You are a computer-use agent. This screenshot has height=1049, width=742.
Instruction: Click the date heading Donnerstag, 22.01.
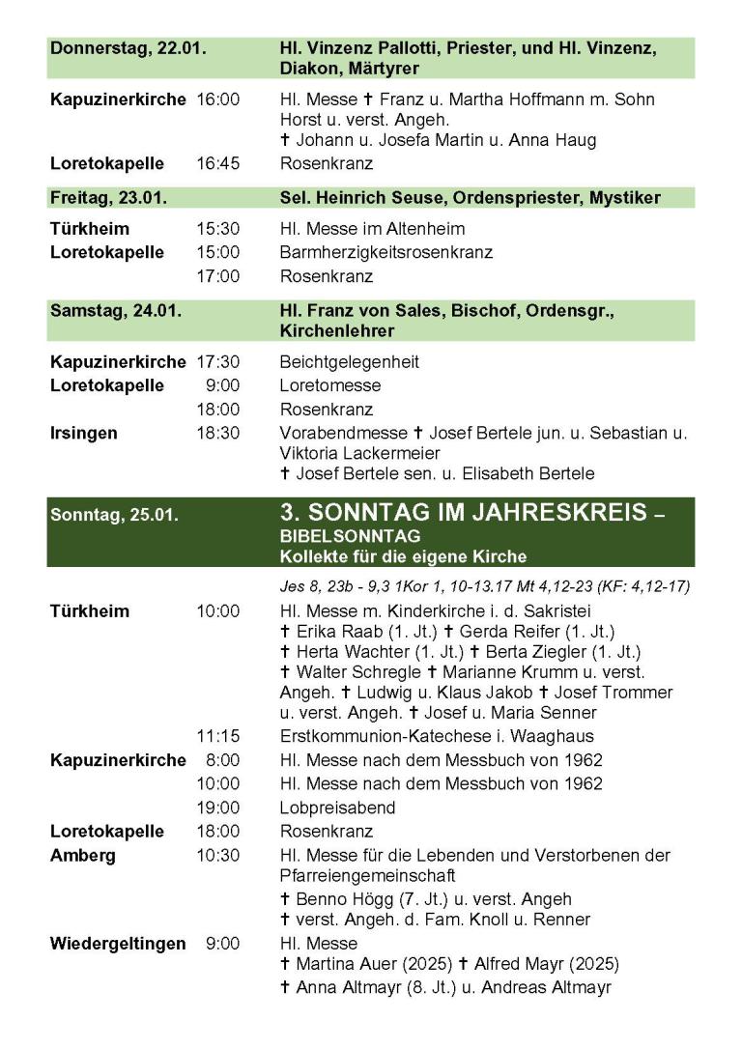[x=128, y=48]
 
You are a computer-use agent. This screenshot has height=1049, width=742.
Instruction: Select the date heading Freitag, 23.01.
[x=108, y=198]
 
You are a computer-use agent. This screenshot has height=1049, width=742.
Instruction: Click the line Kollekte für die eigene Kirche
[x=404, y=555]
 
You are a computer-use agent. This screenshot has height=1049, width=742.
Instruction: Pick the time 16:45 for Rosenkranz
[x=217, y=163]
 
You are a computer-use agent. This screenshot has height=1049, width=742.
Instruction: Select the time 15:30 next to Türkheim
[x=217, y=229]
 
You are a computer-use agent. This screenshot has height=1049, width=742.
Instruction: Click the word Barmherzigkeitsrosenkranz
[x=385, y=253]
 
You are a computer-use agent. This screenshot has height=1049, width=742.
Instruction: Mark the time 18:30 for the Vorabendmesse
[x=217, y=433]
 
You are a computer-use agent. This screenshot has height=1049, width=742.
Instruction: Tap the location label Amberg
[x=82, y=855]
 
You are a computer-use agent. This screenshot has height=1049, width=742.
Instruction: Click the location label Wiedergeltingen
[x=118, y=943]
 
